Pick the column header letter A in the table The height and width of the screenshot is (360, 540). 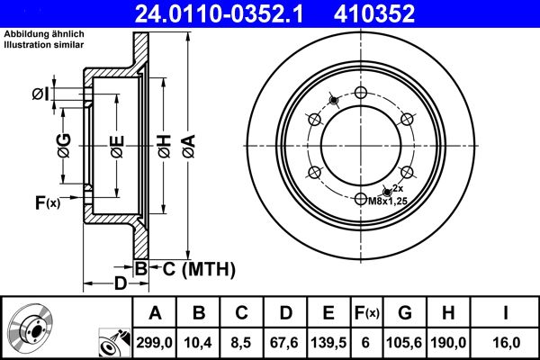tap(156, 312)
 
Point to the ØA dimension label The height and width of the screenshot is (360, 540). tap(188, 145)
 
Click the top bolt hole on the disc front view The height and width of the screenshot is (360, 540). tap(362, 94)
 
